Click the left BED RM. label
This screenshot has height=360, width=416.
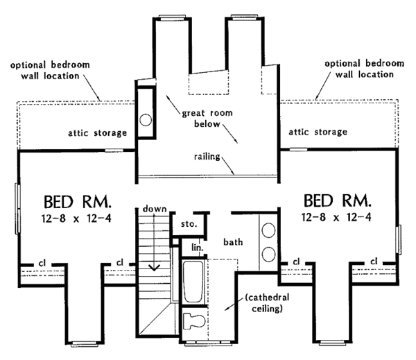coord(78,202)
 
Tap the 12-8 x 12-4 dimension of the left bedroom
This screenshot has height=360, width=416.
coord(78,219)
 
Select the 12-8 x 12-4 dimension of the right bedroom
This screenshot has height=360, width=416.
coord(337,218)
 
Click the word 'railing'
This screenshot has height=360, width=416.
coord(209,157)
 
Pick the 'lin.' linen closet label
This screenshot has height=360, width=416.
coord(196,247)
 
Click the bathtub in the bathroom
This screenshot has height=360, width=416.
coord(193,279)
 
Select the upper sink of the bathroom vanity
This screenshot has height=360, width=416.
coord(268,230)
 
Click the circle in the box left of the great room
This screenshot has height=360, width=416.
coord(146,119)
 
